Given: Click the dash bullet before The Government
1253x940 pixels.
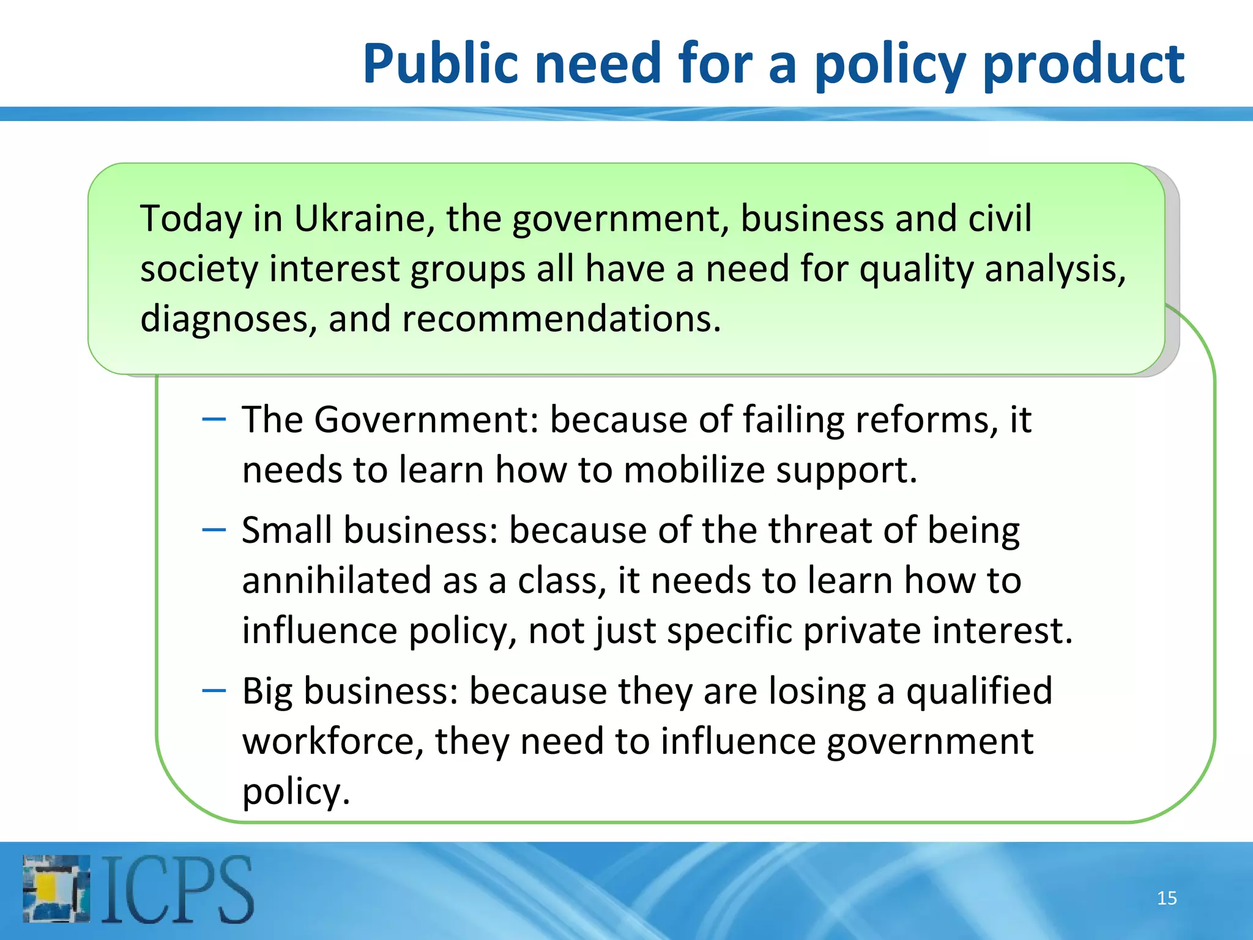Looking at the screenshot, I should tap(214, 419).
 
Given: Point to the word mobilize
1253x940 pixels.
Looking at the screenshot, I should tap(694, 470).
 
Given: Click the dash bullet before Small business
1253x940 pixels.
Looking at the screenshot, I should tap(214, 529).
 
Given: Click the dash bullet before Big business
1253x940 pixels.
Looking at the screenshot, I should tap(214, 691).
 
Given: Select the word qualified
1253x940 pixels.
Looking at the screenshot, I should tap(979, 692).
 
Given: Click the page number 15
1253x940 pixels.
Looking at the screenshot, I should tap(1167, 898).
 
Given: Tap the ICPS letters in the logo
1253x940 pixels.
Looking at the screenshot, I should tap(177, 889).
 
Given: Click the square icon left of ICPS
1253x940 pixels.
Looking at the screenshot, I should tap(56, 889).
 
